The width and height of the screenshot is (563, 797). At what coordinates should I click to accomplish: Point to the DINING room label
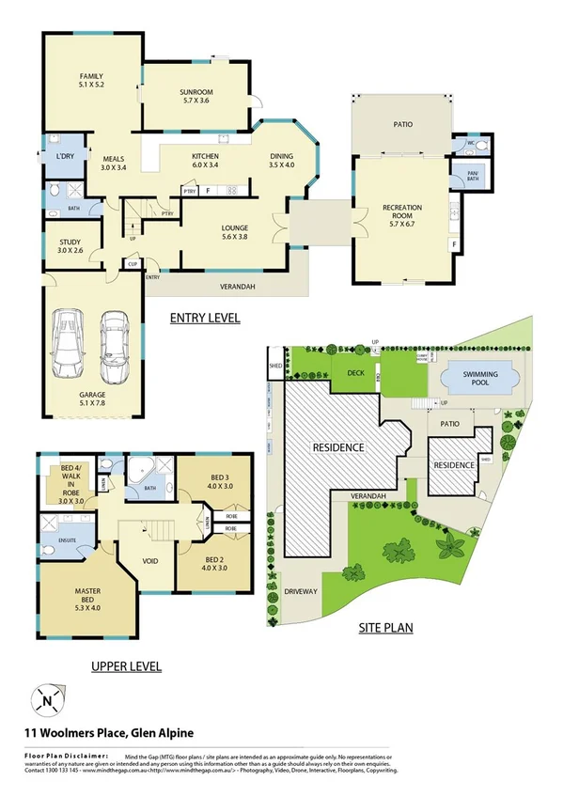pos(281,156)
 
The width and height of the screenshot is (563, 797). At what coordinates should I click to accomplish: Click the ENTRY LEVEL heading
pos(205,317)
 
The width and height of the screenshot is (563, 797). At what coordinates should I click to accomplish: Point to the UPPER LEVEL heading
pos(126,666)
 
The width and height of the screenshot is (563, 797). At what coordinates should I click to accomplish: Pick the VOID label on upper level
pos(149,561)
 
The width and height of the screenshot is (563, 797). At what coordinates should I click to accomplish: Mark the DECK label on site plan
pos(355,372)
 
